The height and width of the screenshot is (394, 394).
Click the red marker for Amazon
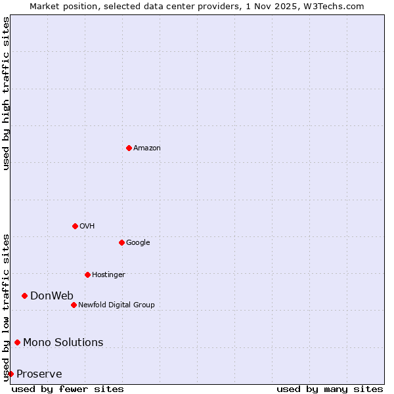tap(129, 148)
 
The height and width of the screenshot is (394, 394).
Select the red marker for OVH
tap(75, 226)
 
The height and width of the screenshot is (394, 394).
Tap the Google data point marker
tap(121, 242)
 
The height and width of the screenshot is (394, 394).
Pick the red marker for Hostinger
tap(87, 274)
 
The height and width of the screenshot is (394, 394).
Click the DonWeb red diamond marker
tap(24, 295)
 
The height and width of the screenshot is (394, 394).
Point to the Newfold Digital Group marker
tap(74, 305)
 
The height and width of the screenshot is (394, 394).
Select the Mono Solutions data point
tap(17, 342)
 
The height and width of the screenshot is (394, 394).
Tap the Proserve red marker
tap(11, 374)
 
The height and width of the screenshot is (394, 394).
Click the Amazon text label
tap(147, 148)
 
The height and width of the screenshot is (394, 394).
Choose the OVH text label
tap(87, 227)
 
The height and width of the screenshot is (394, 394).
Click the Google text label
tap(138, 243)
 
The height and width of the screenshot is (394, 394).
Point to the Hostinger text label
tap(108, 275)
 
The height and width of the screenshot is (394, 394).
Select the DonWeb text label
tap(52, 295)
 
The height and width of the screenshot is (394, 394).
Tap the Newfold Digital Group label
tap(116, 305)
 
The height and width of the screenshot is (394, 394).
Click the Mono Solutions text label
tap(63, 342)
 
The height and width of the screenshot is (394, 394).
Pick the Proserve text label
tap(39, 374)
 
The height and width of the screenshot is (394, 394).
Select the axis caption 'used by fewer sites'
tap(68, 389)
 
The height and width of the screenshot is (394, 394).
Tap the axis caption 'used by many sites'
tap(330, 389)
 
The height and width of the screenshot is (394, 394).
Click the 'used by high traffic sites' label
tap(6, 93)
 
